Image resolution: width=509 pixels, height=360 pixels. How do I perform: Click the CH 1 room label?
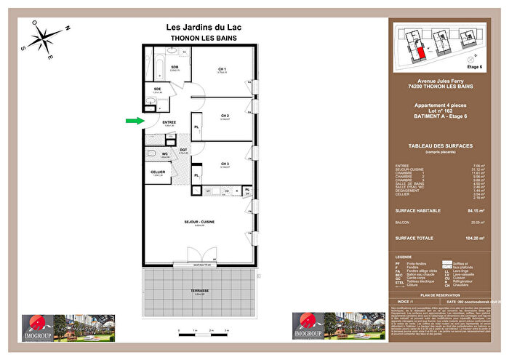(x=223, y=70)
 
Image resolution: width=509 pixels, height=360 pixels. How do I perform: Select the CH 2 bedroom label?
(x=225, y=116)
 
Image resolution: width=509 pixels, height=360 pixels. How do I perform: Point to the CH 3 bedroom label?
(x=225, y=165)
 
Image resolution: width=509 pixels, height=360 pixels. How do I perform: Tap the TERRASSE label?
(x=199, y=290)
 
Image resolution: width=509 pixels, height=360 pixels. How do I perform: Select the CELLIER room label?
(x=158, y=172)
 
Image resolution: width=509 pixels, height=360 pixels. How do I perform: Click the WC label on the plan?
(x=164, y=153)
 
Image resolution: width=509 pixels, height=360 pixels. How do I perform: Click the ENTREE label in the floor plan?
(x=169, y=122)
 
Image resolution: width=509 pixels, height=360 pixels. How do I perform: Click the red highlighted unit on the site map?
(x=420, y=52)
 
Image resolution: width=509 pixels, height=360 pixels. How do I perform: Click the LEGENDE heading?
(x=404, y=257)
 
